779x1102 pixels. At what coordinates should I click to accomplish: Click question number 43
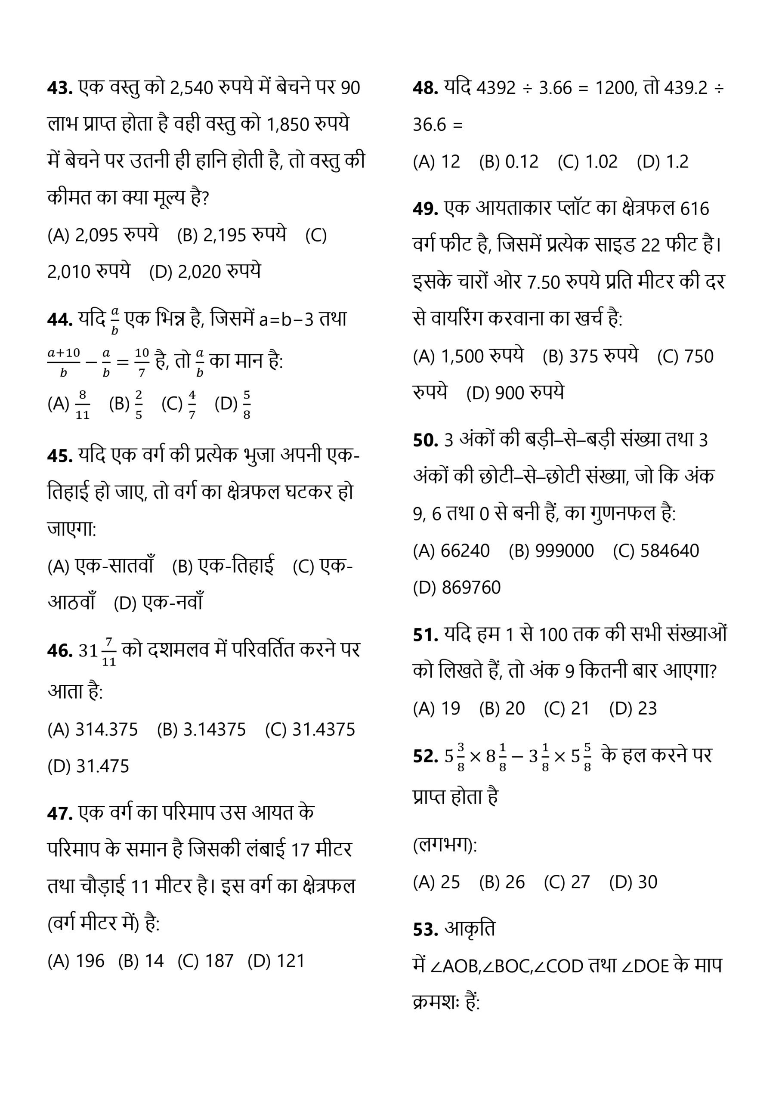59,88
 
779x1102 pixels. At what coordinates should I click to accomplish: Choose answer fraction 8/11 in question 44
83,405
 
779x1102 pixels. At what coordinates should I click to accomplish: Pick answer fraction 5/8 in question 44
246,405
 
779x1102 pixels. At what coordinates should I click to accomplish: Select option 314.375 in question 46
107,730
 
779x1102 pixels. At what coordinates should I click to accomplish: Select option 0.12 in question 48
522,162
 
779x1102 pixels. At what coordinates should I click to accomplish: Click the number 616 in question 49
695,209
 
